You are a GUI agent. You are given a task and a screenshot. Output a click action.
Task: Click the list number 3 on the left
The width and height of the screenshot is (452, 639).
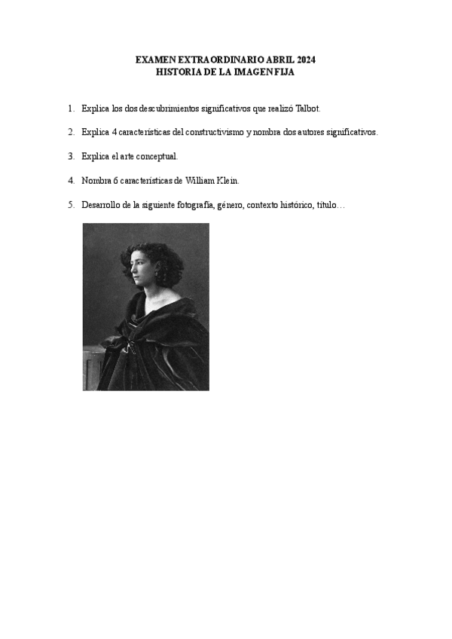pos(70,156)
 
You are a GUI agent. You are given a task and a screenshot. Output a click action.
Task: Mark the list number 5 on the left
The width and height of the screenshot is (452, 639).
pos(70,204)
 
